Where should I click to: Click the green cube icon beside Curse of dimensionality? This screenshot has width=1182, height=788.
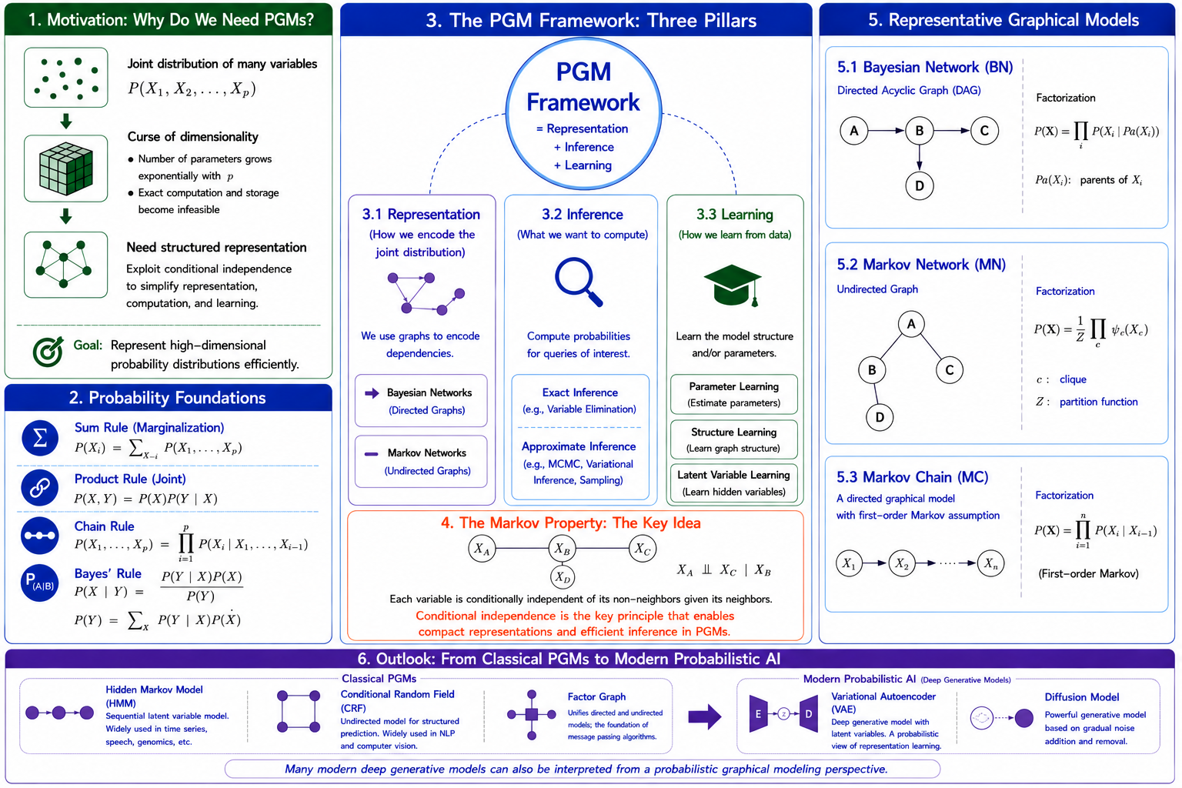pos(66,169)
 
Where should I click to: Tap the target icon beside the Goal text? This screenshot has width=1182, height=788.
pos(48,352)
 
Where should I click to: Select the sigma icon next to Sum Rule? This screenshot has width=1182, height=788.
pos(40,438)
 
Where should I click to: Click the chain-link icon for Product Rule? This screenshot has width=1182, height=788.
pos(40,487)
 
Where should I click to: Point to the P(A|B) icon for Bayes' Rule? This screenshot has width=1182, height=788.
pos(40,583)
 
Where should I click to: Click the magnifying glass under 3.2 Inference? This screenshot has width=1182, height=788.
pos(579,282)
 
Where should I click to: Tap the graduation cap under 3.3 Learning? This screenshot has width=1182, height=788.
pos(733,285)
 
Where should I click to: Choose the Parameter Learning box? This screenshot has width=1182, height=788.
pos(733,394)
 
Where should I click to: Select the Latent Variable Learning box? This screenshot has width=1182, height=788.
pos(733,483)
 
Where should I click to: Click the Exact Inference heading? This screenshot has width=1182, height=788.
pos(580,392)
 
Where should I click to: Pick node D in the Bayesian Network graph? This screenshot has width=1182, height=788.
pos(920,185)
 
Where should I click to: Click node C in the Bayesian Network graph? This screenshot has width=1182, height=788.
pos(984,131)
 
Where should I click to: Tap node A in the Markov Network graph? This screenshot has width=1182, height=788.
pos(911,324)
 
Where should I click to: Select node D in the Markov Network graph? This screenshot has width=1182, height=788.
pos(880,418)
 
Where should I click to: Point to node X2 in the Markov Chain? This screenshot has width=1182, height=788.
pos(902,564)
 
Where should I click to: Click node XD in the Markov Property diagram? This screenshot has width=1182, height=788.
pos(563,578)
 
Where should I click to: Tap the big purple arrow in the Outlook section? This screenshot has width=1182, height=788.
pos(705,716)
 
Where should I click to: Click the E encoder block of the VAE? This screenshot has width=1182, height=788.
pos(758,713)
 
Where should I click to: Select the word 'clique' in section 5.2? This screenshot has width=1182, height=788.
pos(1073,379)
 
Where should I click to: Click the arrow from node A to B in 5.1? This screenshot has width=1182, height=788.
pos(886,131)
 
